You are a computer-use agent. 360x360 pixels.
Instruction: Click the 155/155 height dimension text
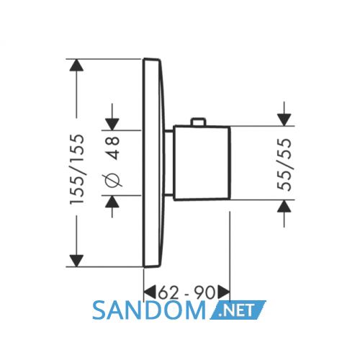pos(77,169)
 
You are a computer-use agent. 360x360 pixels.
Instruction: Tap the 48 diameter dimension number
pos(113,148)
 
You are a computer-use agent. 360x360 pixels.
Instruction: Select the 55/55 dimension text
pos(284,164)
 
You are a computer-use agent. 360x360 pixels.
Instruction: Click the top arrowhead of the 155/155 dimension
pos(76,65)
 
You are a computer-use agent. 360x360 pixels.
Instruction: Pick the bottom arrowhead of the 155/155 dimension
pos(76,261)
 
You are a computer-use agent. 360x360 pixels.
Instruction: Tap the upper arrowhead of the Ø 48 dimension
pos(112,125)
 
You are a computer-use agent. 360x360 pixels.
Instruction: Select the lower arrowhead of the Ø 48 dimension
pos(112,202)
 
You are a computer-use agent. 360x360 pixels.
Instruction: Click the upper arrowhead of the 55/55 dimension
pos(284,120)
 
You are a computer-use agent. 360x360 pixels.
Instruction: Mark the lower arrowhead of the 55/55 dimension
pos(284,206)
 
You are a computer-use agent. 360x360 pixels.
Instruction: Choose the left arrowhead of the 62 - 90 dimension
pos(150,292)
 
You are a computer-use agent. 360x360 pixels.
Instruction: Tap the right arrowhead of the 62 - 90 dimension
pos(224,292)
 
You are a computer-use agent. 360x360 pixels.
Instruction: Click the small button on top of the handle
pos(198,122)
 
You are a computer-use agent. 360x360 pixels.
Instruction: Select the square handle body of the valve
pos(202,163)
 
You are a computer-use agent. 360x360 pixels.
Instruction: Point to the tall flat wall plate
pos(153,163)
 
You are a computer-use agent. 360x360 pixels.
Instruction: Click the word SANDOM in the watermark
pos(149,311)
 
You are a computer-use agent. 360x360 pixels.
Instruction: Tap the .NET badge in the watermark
pos(238,310)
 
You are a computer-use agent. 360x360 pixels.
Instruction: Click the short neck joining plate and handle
pos(169,163)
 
